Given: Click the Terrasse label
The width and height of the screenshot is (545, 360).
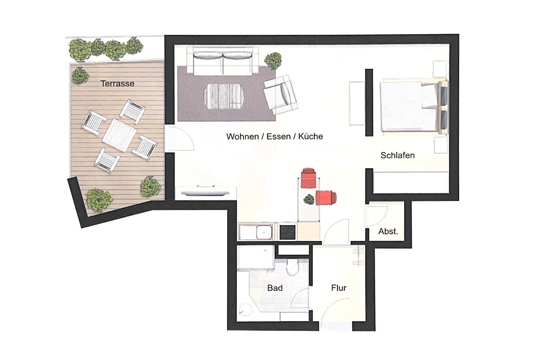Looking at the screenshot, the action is pyautogui.click(x=117, y=84).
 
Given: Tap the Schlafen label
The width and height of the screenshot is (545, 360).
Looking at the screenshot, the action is pyautogui.click(x=397, y=155).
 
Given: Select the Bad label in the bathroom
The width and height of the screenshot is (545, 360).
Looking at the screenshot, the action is pyautogui.click(x=275, y=288).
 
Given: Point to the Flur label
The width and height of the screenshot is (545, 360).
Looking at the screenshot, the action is pyautogui.click(x=339, y=288).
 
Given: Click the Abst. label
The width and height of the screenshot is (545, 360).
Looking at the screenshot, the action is pyautogui.click(x=388, y=231).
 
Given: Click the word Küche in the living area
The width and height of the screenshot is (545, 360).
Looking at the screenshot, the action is pyautogui.click(x=311, y=136).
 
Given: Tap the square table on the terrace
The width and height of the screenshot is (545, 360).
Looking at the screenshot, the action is pyautogui.click(x=119, y=135).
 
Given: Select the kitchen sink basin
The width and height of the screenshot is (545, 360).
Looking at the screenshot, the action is pyautogui.click(x=265, y=232).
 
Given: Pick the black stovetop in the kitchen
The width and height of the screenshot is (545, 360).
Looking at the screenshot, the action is pyautogui.click(x=287, y=232).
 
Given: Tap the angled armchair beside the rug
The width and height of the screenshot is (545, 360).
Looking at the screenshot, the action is pyautogui.click(x=280, y=95).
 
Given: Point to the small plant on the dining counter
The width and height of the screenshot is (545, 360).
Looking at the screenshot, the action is pyautogui.click(x=309, y=199).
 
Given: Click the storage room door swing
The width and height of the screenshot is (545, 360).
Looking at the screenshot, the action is pyautogui.click(x=376, y=217).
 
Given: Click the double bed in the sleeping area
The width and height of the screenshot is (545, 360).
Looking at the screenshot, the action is pyautogui.click(x=414, y=107).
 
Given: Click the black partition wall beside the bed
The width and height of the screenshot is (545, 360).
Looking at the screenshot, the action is pyautogui.click(x=369, y=103).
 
